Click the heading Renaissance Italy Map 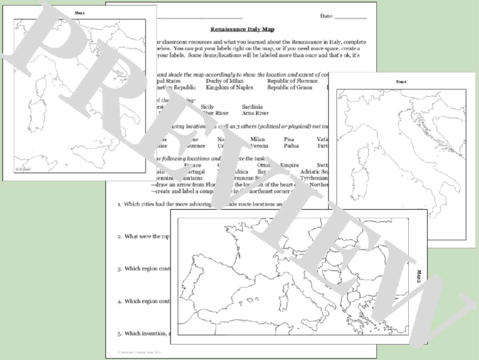(x=242, y=29)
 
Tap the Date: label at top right (x=326, y=16)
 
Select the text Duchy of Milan (x=224, y=81)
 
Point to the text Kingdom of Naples (x=229, y=87)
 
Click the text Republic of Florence (x=292, y=81)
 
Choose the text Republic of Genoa (x=289, y=87)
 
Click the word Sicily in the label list (x=207, y=107)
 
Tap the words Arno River (x=255, y=113)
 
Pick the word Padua (x=291, y=146)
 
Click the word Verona (x=259, y=146)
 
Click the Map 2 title (x=401, y=81)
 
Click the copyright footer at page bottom (x=139, y=352)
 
